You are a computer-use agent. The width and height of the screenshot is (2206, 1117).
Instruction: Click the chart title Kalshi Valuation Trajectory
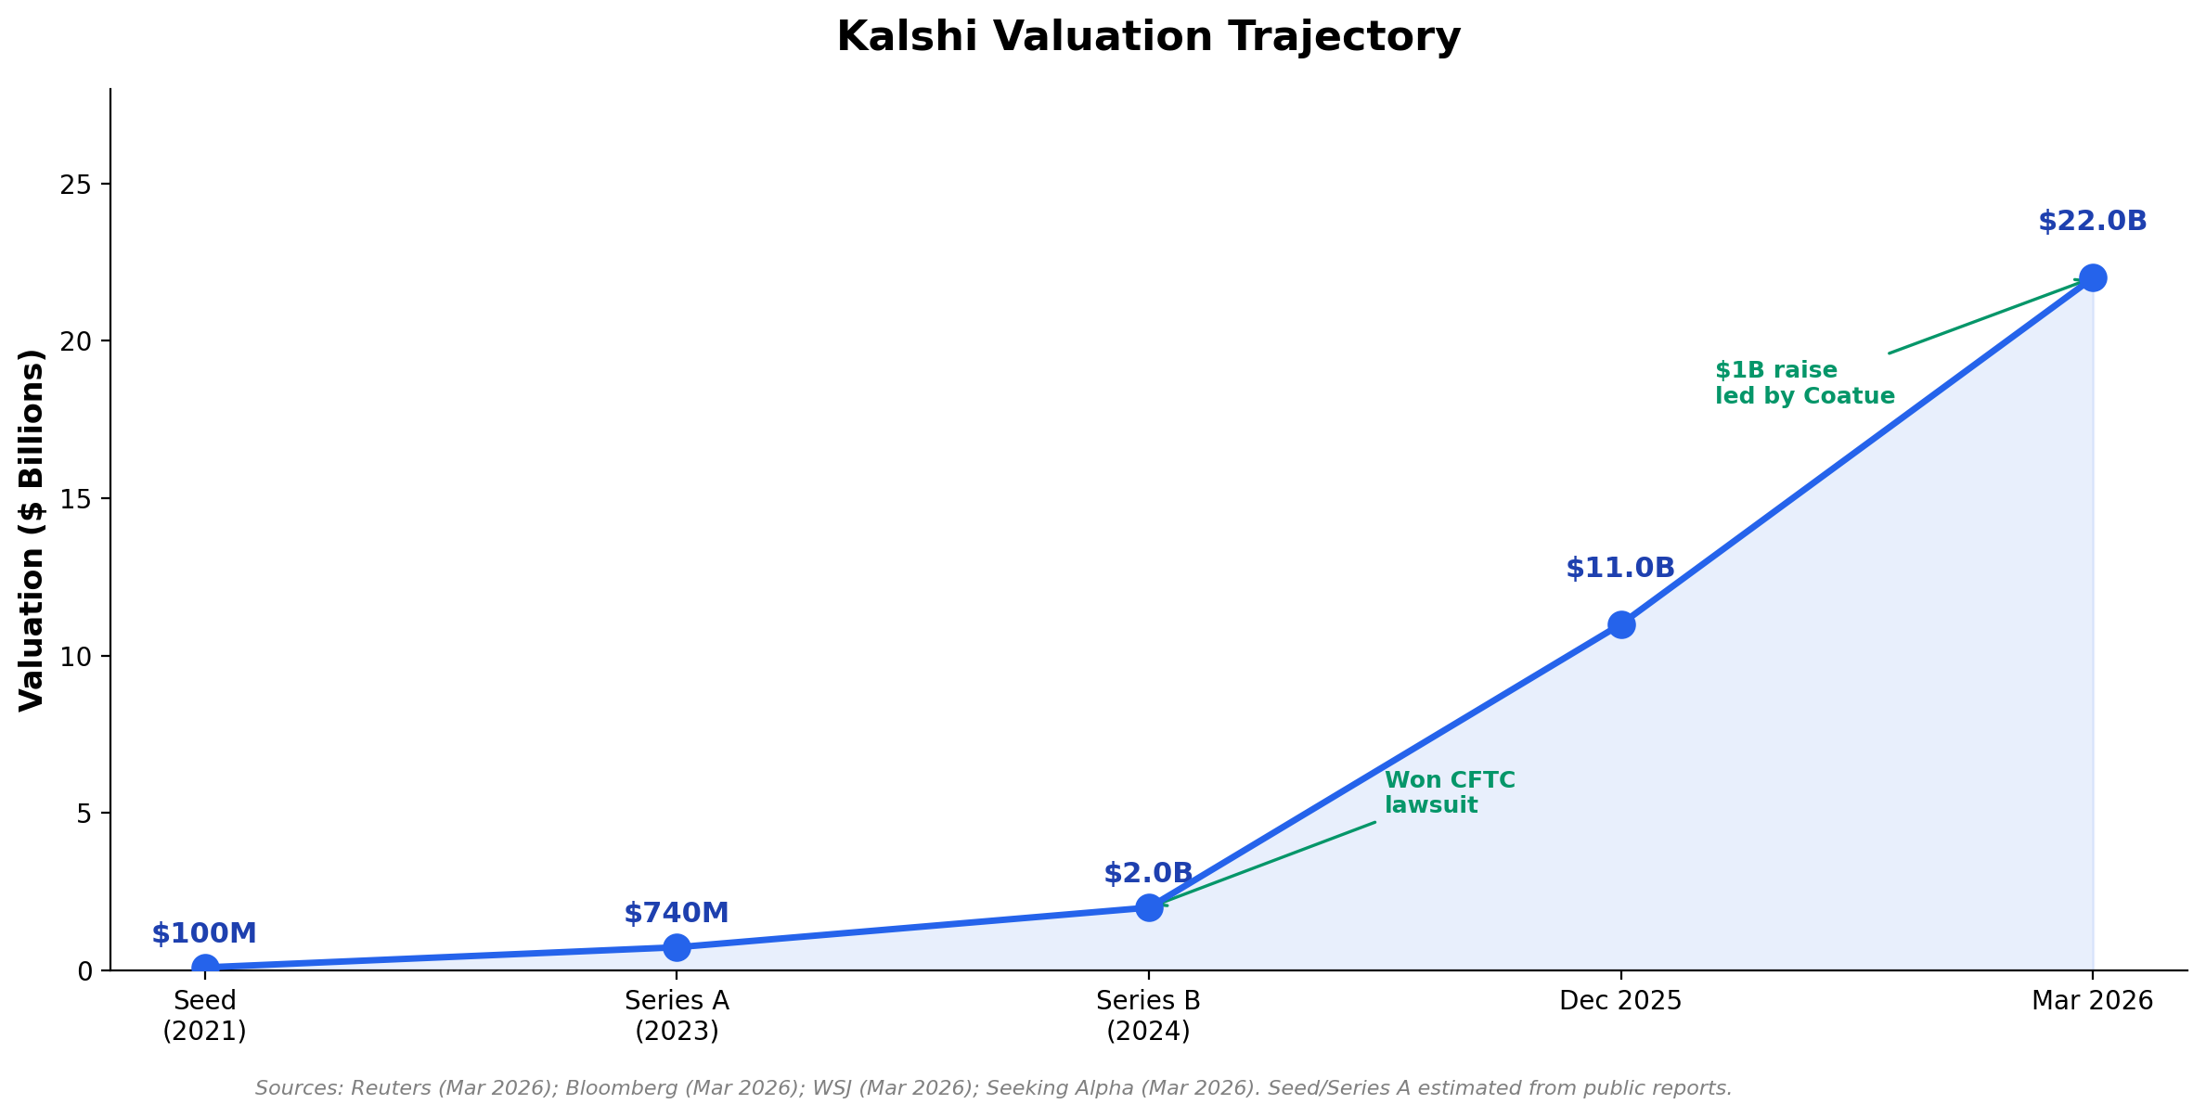[1148, 38]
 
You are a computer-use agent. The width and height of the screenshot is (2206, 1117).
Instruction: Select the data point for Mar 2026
[2092, 277]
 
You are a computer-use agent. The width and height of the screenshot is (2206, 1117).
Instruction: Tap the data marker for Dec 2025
[1620, 624]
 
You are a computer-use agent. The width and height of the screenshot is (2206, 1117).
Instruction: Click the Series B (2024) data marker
[1148, 907]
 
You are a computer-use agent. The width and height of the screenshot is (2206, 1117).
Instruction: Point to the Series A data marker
[677, 947]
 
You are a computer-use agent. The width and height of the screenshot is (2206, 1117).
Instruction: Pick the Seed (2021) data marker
[205, 967]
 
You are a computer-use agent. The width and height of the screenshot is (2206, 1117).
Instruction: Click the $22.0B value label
[2092, 222]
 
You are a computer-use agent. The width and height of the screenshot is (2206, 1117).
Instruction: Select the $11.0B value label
[1619, 569]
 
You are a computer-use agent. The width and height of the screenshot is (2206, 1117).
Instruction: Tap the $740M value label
[676, 914]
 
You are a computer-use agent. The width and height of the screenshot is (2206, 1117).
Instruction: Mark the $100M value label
[204, 934]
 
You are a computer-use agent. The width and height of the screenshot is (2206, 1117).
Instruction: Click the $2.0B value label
[1147, 874]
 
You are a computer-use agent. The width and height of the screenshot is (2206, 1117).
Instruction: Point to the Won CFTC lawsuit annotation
[1448, 793]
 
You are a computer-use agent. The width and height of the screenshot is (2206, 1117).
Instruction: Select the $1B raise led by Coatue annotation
[1803, 383]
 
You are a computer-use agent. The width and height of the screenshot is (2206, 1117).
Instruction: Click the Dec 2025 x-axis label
[1620, 1001]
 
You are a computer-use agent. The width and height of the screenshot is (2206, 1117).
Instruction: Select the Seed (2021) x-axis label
[205, 1016]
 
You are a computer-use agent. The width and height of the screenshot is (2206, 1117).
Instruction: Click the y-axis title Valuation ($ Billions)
[32, 530]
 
